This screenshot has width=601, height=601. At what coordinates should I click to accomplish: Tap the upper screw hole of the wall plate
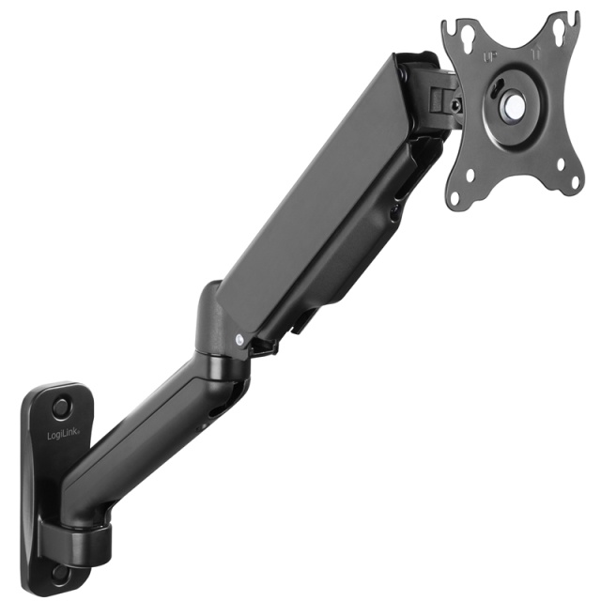click(x=61, y=408)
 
